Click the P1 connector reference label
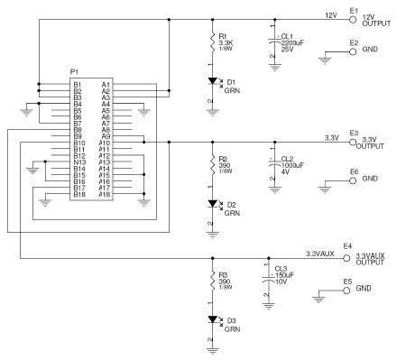[x=76, y=71]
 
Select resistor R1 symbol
[x=212, y=42]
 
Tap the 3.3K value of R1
[x=226, y=42]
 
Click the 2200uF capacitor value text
[x=292, y=42]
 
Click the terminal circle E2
[x=353, y=51]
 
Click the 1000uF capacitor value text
[x=292, y=164]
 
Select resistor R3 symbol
[x=212, y=281]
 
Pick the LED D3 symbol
[x=212, y=320]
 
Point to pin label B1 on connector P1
[x=78, y=85]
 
